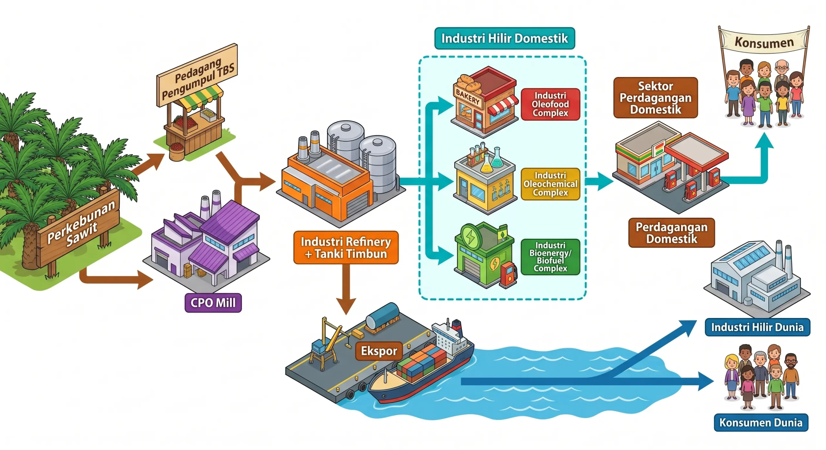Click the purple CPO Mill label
[x=213, y=303]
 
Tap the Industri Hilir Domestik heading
[x=505, y=38]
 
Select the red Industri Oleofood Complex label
[x=550, y=104]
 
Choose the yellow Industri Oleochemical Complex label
[x=550, y=184]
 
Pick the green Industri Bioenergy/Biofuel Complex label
[x=550, y=257]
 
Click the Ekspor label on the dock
[x=379, y=351]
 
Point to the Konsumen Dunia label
[x=761, y=423]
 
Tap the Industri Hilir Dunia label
[x=757, y=327]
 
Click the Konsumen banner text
[x=764, y=42]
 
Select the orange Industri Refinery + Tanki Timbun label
[x=346, y=248]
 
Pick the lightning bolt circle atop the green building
[x=471, y=237]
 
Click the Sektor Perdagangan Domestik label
[x=656, y=98]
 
